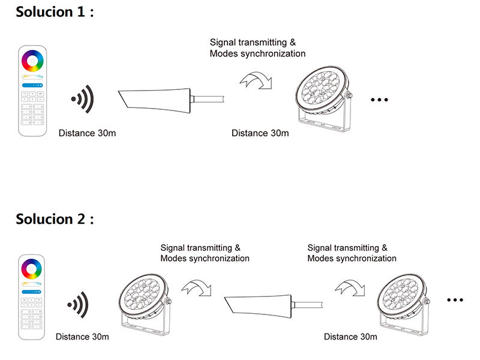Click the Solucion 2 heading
click(55, 219)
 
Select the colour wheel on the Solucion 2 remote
click(32, 269)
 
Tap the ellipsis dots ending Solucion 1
click(380, 100)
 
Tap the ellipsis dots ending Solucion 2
click(455, 299)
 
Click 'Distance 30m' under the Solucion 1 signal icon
click(87, 133)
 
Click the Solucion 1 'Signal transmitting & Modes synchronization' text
click(257, 48)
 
